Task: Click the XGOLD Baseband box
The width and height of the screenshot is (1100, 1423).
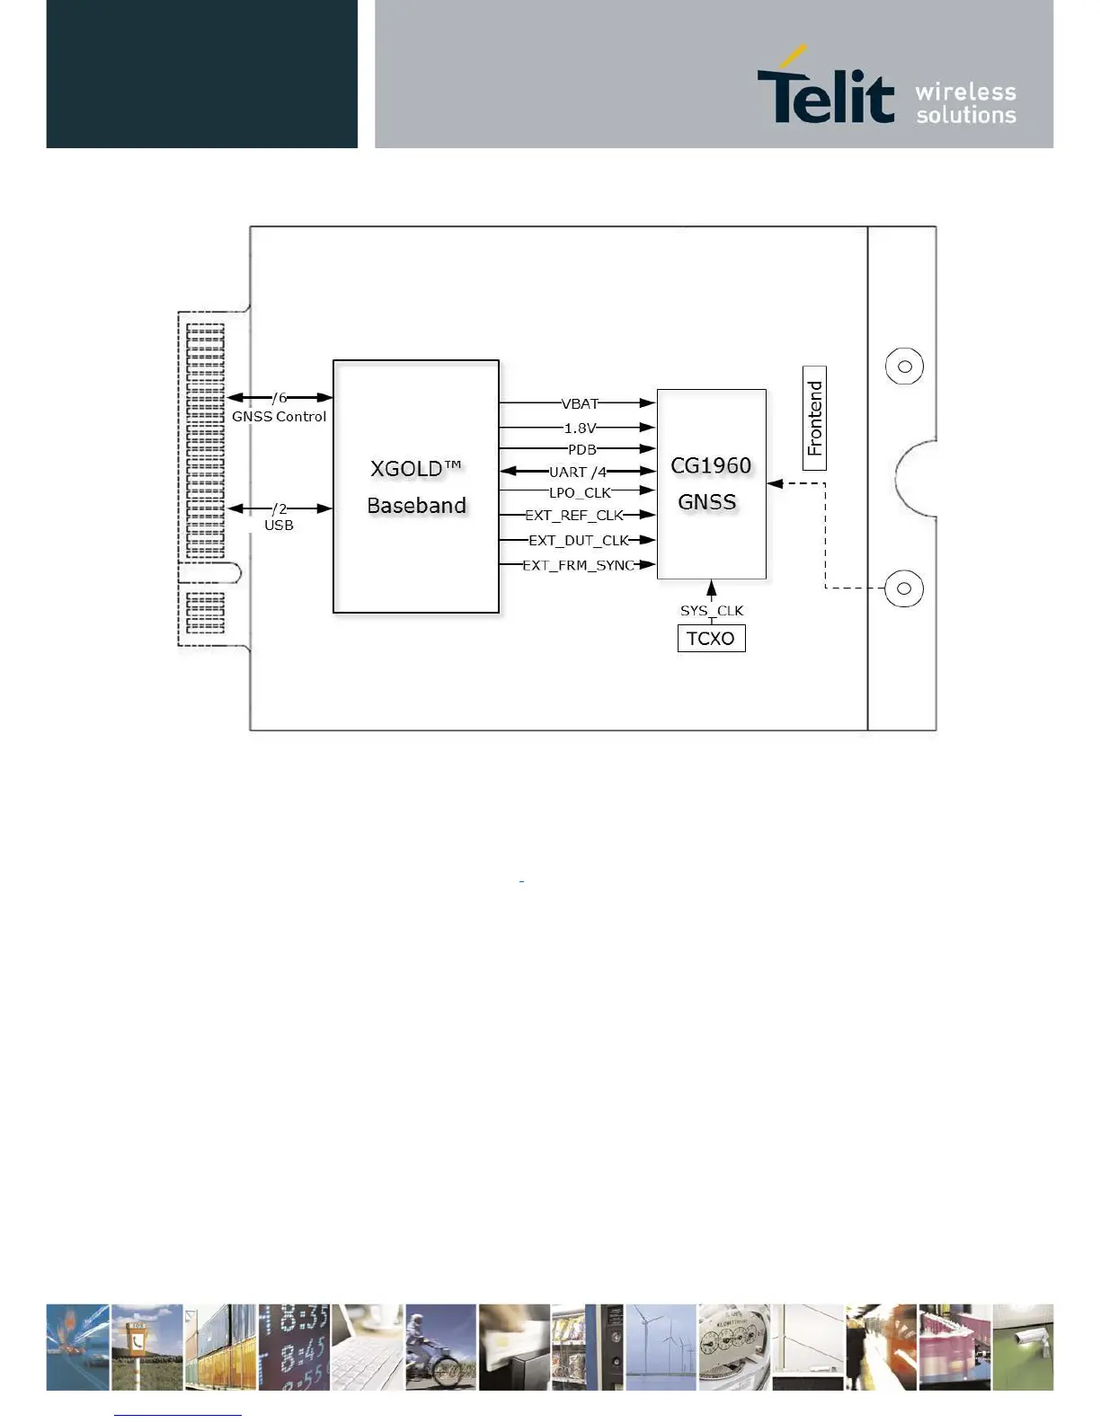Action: [415, 486]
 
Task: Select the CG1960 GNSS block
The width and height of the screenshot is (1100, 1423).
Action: [711, 484]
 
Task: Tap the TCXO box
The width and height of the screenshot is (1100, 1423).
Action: [711, 638]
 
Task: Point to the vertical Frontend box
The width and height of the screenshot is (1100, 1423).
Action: [814, 418]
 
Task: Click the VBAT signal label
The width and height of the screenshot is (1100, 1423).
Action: [580, 403]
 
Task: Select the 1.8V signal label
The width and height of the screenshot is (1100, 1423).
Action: [580, 428]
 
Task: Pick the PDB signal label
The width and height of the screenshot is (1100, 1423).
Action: [581, 449]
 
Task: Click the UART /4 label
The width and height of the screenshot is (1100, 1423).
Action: [578, 472]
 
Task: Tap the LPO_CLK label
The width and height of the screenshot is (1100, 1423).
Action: [580, 492]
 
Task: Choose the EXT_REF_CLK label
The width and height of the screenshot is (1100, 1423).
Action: [574, 515]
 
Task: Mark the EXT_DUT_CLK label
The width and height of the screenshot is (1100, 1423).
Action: [579, 540]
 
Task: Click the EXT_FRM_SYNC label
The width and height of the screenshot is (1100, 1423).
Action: [579, 565]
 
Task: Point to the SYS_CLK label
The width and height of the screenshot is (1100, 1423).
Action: [711, 610]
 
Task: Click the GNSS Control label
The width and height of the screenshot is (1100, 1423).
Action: [279, 416]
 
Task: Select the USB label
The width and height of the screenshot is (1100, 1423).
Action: [279, 525]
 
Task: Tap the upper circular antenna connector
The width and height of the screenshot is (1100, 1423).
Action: [904, 366]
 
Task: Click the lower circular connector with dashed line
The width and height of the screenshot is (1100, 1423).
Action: [904, 588]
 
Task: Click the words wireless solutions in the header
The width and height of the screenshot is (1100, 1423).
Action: [966, 103]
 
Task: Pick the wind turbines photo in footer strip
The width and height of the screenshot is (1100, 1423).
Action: [661, 1347]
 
